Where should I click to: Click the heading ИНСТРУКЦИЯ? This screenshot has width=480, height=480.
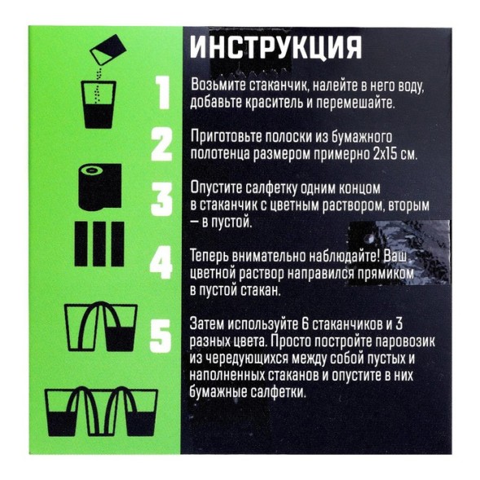275,47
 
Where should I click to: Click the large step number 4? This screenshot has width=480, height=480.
163,264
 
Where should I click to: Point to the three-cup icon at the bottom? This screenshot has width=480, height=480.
103,411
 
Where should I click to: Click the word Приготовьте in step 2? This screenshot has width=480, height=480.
225,137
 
